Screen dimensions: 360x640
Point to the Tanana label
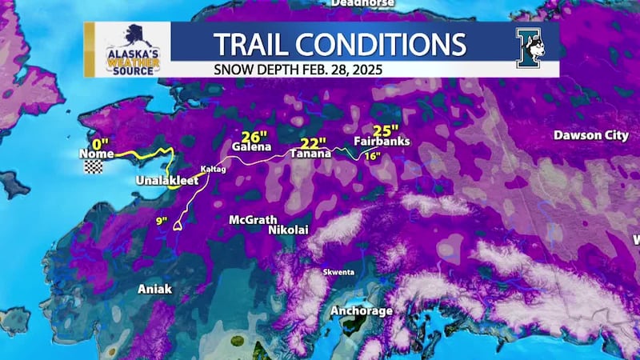[x=310, y=154]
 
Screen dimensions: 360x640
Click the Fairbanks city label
[x=382, y=142]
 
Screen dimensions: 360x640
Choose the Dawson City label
[x=590, y=135]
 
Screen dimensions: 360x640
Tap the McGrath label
[x=253, y=219]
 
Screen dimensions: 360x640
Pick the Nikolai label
[x=288, y=230]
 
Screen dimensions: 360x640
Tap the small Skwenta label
[x=338, y=272]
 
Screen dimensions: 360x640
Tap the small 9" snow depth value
[x=161, y=220]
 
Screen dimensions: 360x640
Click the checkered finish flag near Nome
[x=95, y=167]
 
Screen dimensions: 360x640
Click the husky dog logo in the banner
[x=530, y=50]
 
